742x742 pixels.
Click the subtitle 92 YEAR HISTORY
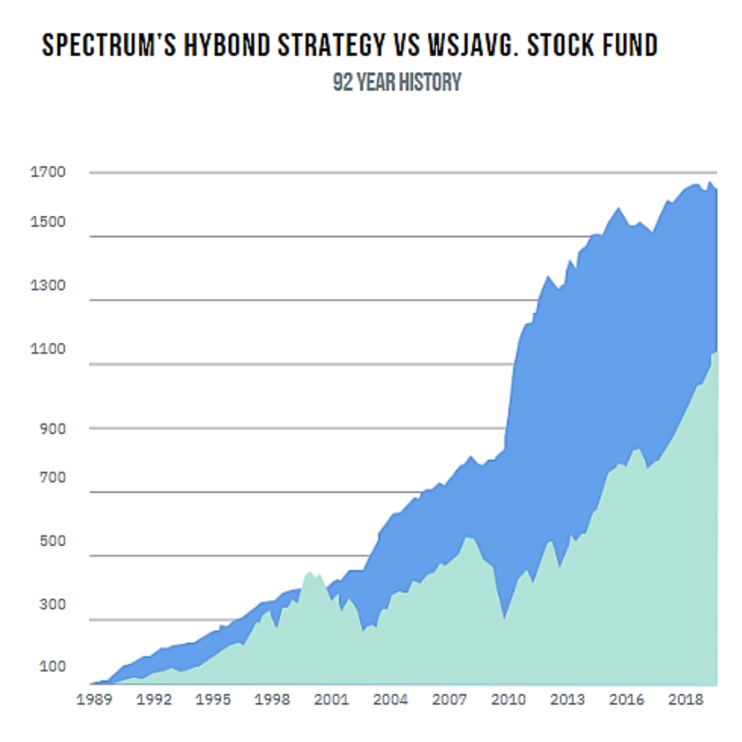(396, 82)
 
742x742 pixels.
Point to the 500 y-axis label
(52, 541)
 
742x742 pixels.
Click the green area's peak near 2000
(310, 571)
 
